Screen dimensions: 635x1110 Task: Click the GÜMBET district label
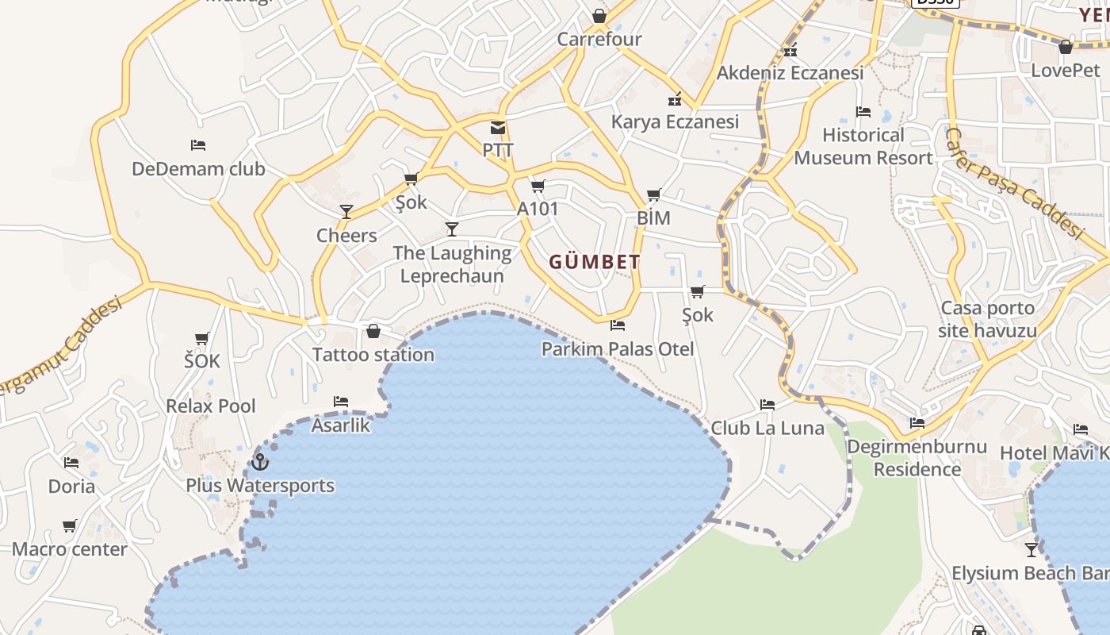pos(595,262)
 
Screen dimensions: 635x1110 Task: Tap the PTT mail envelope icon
pos(498,128)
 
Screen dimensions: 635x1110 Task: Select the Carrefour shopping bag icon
pos(599,16)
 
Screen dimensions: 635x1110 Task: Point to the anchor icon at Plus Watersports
pos(260,461)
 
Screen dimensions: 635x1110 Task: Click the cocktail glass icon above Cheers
pos(346,211)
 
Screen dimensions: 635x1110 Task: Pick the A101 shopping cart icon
pos(538,187)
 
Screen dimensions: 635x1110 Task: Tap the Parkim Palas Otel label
pos(618,348)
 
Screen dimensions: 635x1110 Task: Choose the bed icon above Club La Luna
pos(767,404)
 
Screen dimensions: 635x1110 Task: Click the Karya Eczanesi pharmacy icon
pos(675,99)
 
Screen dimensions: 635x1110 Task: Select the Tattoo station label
pos(373,354)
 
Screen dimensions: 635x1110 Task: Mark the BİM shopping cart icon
pos(653,195)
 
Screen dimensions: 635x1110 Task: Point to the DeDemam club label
pos(198,169)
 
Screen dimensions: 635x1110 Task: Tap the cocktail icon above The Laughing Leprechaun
pos(452,229)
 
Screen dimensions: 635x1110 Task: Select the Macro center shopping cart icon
pos(70,525)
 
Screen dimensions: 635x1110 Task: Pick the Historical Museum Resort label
pos(863,146)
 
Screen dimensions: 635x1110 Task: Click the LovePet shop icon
pos(1066,47)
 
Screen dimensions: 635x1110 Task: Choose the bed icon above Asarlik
pos(341,402)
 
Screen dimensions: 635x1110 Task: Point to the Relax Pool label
pos(211,406)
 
